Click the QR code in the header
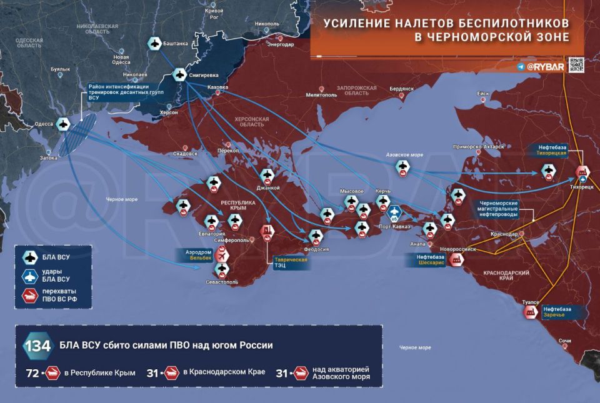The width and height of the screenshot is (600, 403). tap(576, 64)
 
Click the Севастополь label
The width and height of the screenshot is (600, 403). tap(221, 282)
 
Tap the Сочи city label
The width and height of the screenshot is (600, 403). tap(564, 340)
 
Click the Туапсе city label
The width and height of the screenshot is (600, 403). tap(531, 302)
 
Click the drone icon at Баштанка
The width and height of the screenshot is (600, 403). tap(154, 44)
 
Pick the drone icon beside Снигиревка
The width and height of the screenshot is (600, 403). tap(179, 75)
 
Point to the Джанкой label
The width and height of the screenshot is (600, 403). tap(268, 187)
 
